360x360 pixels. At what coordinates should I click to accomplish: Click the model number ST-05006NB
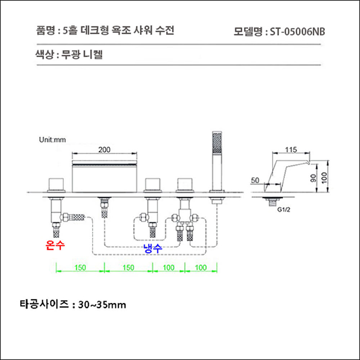297,31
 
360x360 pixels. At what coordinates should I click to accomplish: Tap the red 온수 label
56,245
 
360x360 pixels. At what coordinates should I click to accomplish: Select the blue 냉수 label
153,248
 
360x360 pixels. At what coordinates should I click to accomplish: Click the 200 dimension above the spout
104,150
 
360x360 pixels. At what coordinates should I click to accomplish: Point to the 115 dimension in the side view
291,150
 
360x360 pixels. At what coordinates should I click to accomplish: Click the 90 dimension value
312,177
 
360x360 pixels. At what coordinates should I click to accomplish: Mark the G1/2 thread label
284,210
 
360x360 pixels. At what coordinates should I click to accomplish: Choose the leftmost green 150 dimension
80,268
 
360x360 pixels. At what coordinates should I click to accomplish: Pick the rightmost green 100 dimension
201,268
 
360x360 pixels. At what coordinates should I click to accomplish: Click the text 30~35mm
103,304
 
